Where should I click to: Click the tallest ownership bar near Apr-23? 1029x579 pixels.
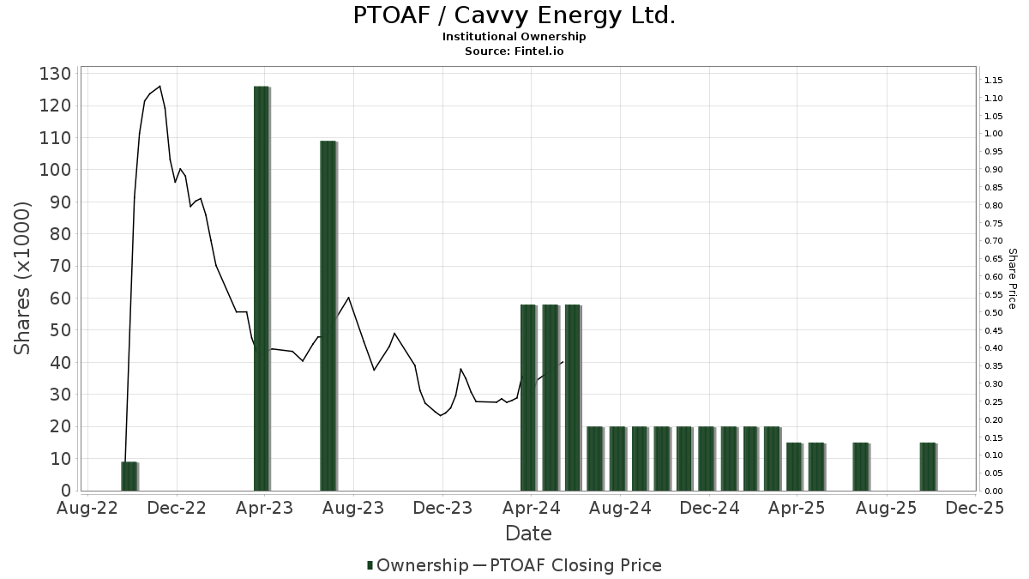[262, 288]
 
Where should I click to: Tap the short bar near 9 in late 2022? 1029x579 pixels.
[129, 476]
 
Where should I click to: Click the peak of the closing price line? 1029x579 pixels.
[159, 86]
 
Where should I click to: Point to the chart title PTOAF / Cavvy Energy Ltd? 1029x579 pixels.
[514, 15]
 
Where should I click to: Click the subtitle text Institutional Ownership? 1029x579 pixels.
[514, 37]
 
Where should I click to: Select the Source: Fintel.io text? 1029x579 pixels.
[514, 51]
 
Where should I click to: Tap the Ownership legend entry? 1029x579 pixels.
[417, 565]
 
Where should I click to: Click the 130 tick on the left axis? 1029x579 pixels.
[55, 74]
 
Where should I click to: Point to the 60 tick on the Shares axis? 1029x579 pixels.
[59, 299]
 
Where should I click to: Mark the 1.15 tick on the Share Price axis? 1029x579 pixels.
[994, 80]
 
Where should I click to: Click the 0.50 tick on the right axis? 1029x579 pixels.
[994, 312]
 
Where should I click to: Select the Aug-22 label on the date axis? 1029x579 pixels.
[88, 508]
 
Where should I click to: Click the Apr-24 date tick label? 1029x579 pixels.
[532, 508]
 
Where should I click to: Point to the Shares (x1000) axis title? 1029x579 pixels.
[23, 278]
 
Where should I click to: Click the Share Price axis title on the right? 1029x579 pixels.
[1012, 278]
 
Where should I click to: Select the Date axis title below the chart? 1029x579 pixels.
[528, 534]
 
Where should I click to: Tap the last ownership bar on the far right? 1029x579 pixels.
[928, 467]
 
